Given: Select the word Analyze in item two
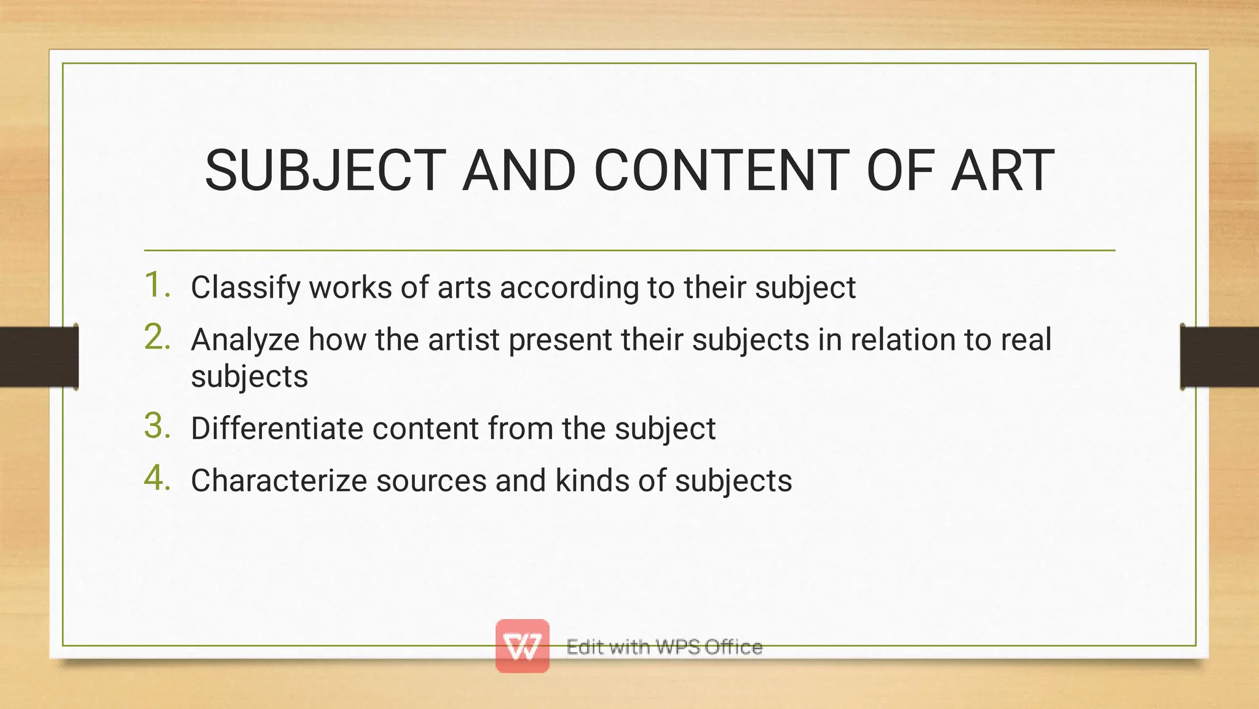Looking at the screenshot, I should coord(245,340).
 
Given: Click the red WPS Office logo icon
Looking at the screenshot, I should coord(523,646).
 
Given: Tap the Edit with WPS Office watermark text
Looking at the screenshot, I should coord(665,647).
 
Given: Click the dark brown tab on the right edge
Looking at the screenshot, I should coord(1220,357).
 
